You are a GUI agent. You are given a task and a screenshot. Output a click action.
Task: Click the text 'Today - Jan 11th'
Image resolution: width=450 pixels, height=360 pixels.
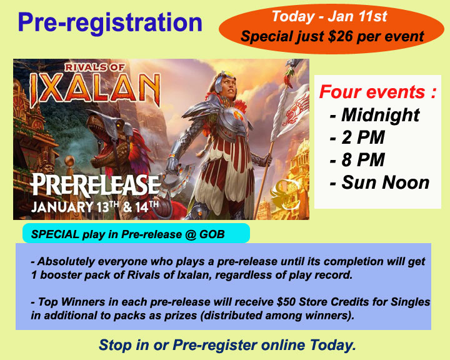tap(329, 16)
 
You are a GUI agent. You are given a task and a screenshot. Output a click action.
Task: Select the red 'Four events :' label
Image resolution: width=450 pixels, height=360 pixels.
tap(377, 92)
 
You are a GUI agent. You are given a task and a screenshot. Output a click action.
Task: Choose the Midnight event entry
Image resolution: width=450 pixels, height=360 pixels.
tap(375, 115)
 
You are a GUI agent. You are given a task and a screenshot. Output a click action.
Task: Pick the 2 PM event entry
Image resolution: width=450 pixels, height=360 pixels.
tap(357, 137)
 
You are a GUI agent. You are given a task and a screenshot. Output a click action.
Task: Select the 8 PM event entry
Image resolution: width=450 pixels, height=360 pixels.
tap(357, 160)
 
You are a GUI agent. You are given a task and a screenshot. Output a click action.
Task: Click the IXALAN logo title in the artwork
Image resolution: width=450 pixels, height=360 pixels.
tap(95, 88)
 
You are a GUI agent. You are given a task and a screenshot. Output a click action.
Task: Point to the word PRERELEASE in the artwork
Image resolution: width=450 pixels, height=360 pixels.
tap(95, 185)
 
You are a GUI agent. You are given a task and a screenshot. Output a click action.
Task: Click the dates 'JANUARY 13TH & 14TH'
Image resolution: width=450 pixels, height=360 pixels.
tap(95, 207)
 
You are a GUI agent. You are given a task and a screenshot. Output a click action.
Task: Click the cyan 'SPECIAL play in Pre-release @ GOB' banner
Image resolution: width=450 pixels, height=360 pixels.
tap(136, 233)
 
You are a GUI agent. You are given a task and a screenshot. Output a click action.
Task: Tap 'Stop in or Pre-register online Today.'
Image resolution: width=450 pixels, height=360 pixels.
tap(227, 345)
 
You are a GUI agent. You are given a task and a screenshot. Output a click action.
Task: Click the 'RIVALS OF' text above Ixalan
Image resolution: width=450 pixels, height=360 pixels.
tap(95, 67)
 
